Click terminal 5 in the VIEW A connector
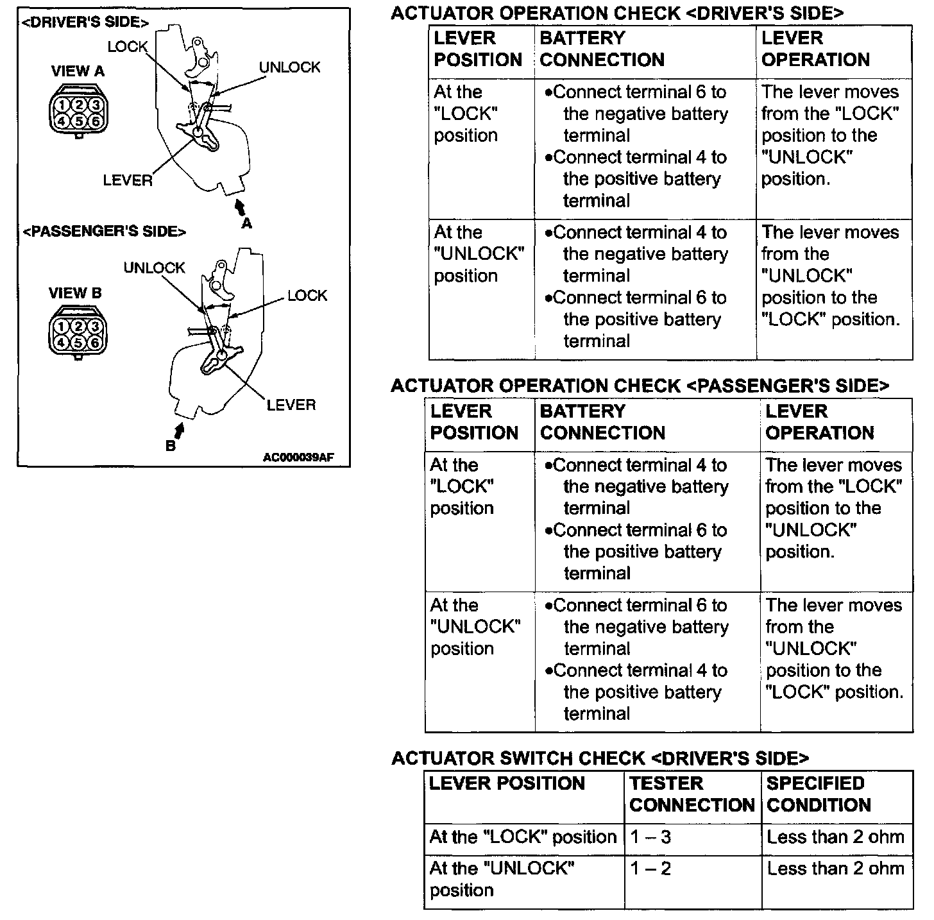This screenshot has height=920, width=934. [78, 121]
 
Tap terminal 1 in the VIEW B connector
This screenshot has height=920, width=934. [62, 327]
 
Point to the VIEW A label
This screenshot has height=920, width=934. [78, 71]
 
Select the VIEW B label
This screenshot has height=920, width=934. [75, 293]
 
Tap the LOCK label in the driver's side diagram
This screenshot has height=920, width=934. [127, 47]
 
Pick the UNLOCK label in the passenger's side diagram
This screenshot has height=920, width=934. [154, 268]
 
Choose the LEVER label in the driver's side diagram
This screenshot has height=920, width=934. [128, 181]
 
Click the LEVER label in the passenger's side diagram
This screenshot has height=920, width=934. [291, 405]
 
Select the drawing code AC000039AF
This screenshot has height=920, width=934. [298, 457]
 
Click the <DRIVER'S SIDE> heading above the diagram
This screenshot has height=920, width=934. [85, 22]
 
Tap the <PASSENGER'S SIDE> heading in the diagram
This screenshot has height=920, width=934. [105, 232]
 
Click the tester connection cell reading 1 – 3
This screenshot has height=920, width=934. [650, 837]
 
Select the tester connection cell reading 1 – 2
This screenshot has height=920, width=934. [650, 869]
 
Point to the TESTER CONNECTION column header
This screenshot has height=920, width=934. [692, 794]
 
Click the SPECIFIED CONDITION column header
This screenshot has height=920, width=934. [819, 794]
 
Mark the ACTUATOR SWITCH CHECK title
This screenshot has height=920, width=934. [600, 758]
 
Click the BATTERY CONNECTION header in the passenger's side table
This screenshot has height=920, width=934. [602, 422]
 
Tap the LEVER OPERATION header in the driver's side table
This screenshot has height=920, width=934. [815, 49]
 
